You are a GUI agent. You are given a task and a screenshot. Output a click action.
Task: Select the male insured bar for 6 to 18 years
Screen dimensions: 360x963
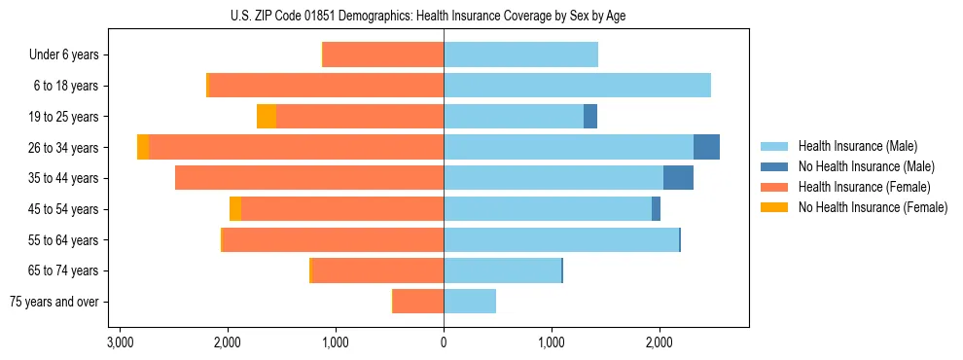click(577, 85)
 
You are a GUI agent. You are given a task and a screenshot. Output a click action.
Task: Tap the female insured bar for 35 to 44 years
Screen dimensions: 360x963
click(309, 178)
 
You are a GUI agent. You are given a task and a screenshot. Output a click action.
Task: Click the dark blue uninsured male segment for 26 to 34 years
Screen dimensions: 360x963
click(706, 147)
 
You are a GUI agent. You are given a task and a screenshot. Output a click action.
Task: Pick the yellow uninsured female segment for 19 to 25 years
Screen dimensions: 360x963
click(267, 116)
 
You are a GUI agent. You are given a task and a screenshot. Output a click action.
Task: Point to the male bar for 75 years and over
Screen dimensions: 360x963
click(470, 302)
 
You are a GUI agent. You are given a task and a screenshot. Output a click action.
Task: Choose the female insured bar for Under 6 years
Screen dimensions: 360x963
click(383, 54)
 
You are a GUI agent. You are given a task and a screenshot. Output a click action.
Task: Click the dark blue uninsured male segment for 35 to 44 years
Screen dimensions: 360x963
click(678, 178)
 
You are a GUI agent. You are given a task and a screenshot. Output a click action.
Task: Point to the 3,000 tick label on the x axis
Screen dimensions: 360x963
click(120, 343)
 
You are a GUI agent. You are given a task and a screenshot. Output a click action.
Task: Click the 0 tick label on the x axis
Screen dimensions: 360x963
click(444, 343)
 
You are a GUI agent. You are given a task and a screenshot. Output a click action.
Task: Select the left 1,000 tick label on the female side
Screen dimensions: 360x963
click(336, 343)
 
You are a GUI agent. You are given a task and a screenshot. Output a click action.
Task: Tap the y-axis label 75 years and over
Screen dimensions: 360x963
click(53, 302)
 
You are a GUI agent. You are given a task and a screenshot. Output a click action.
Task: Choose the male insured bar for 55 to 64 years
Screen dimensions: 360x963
click(561, 239)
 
